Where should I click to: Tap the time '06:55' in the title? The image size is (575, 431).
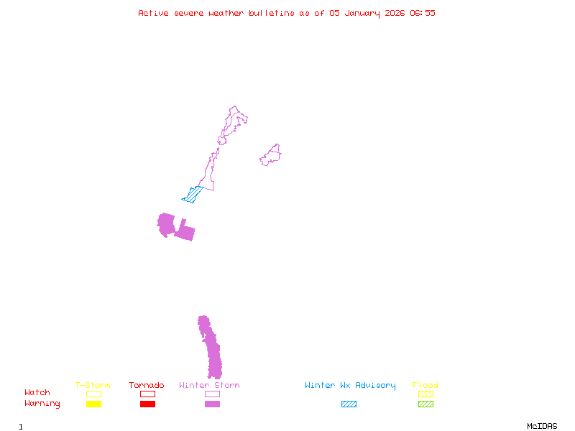click(423, 13)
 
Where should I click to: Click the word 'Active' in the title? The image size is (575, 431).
click(154, 13)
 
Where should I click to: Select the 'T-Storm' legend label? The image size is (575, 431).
click(93, 386)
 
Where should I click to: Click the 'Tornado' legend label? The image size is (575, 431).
click(147, 386)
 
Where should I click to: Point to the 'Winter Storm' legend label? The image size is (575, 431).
click(209, 386)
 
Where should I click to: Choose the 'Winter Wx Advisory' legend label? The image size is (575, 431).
click(350, 386)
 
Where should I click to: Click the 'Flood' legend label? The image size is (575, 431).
click(425, 386)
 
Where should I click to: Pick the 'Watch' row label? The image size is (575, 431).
click(37, 393)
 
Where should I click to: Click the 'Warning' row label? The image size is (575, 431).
click(42, 404)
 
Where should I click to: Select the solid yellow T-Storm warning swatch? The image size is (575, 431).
click(93, 404)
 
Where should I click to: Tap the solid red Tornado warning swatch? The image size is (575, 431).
click(147, 404)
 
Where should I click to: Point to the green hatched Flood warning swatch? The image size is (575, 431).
click(425, 404)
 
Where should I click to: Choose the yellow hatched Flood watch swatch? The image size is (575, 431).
click(425, 394)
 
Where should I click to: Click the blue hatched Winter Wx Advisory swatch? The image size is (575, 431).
click(349, 404)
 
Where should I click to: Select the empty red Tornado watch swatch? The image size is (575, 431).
click(147, 394)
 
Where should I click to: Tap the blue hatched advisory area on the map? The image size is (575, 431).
click(193, 194)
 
